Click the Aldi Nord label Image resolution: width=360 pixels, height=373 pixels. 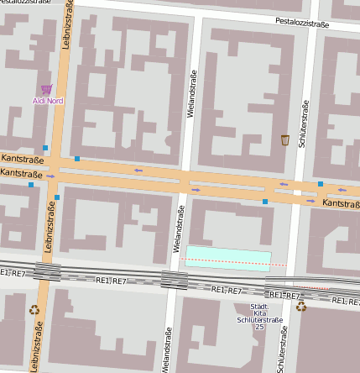(x=48, y=101)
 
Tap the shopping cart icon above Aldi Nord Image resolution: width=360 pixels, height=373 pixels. (x=47, y=89)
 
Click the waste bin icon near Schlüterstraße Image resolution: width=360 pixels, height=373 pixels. (x=285, y=139)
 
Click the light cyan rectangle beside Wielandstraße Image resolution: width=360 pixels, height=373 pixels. (x=228, y=257)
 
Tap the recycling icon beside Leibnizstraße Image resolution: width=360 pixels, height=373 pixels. (x=34, y=309)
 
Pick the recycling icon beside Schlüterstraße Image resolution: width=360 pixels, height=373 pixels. (x=301, y=307)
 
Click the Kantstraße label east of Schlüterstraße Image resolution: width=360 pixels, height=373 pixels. (x=341, y=203)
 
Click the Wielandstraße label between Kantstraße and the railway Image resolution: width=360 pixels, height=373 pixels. (x=179, y=229)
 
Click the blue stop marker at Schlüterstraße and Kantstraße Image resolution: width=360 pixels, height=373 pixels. (x=321, y=183)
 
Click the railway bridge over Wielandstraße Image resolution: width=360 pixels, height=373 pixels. (x=174, y=280)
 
